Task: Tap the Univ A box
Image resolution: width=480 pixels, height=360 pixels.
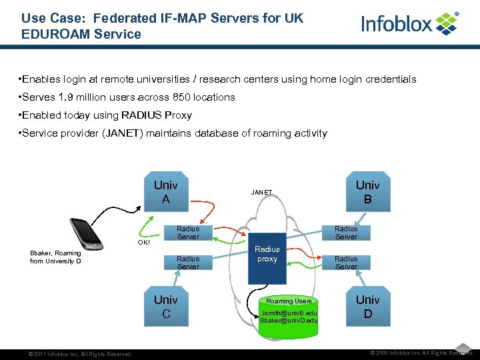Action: click(166, 191)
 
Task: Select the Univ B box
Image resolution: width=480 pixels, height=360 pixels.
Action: click(367, 191)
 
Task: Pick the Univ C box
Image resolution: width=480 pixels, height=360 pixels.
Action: click(166, 306)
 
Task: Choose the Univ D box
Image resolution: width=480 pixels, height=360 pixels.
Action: click(367, 306)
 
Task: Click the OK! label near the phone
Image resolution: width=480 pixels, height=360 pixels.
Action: click(144, 242)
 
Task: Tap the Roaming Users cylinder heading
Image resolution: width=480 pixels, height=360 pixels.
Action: click(289, 301)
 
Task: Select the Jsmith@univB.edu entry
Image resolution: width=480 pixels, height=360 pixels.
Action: click(289, 312)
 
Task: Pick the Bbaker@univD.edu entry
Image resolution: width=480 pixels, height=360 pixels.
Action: click(289, 321)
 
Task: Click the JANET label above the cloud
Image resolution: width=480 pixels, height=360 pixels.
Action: click(261, 193)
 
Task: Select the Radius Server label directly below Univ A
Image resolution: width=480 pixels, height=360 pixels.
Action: click(188, 233)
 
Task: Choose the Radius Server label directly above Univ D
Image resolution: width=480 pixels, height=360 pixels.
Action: click(346, 263)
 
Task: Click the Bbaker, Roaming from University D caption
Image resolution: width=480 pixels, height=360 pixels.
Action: click(56, 257)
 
